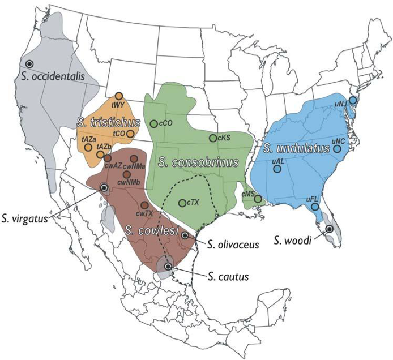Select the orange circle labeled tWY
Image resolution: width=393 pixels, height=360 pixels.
[x=119, y=96]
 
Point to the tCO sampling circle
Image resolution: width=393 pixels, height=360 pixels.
[x=130, y=134]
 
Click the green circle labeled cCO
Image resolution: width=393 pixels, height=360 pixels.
[x=153, y=123]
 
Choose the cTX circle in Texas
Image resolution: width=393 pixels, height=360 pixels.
[x=182, y=203]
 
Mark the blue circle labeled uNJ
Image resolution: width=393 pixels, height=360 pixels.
[x=353, y=100]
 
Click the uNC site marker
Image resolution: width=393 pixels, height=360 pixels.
[x=338, y=149]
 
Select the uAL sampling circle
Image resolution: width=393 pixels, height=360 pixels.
[x=277, y=169]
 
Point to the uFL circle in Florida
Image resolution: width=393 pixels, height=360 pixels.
[x=315, y=207]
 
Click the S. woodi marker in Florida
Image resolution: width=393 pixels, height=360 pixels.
[x=329, y=229]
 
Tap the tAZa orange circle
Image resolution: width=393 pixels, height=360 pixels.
[x=88, y=148]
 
